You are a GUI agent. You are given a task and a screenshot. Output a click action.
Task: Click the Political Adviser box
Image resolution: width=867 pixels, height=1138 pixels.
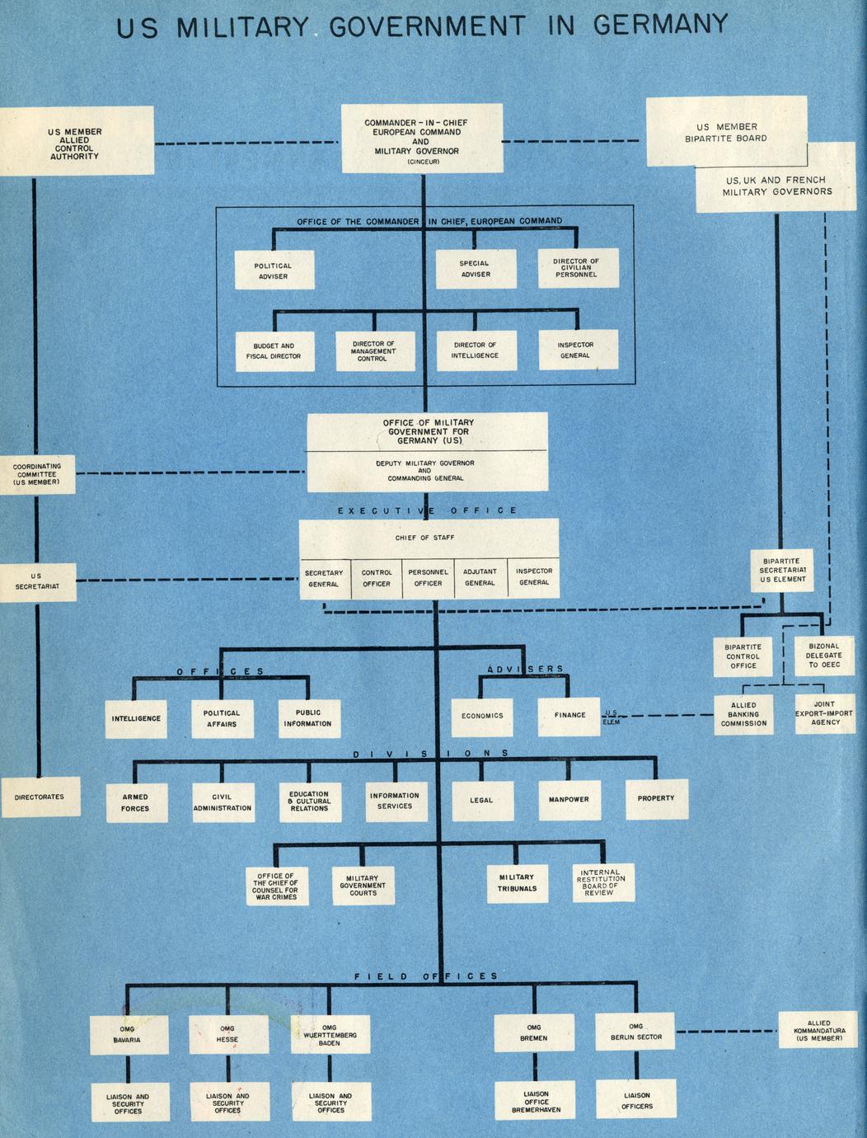[x=274, y=270]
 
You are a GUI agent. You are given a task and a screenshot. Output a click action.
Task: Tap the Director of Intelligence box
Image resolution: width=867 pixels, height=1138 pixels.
[x=474, y=350]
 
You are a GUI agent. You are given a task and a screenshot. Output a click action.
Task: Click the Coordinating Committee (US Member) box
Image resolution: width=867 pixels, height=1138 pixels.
[x=37, y=474]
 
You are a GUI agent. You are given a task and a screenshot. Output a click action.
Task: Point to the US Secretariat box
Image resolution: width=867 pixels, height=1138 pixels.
[x=37, y=581]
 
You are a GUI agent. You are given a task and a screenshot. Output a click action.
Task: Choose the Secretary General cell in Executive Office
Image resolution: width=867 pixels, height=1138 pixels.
[x=324, y=578]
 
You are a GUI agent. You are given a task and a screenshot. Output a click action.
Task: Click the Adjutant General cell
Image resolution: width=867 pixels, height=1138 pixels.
[x=480, y=577]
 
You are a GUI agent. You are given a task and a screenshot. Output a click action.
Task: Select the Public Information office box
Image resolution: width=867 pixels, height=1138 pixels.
[x=307, y=718]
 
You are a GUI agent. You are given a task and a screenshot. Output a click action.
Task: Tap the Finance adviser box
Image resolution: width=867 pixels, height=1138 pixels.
[x=569, y=715]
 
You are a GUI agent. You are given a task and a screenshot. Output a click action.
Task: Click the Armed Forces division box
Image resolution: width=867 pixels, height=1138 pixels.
[x=135, y=802]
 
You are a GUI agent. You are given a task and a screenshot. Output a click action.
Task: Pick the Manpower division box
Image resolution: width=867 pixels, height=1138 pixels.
[x=569, y=799]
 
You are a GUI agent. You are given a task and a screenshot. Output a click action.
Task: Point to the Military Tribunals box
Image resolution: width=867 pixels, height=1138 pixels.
[x=517, y=883]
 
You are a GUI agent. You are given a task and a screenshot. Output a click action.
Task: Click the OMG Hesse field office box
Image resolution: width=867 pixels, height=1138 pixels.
[x=227, y=1034]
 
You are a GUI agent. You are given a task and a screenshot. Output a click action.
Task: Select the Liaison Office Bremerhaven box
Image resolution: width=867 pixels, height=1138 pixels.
[x=536, y=1102]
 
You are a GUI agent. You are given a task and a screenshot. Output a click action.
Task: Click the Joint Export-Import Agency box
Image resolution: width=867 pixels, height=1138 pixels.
[x=825, y=713]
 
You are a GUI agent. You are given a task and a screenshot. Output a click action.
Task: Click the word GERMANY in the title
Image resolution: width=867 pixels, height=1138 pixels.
[x=660, y=26]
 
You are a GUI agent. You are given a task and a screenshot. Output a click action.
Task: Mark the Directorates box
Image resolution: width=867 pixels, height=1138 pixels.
[x=40, y=797]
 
